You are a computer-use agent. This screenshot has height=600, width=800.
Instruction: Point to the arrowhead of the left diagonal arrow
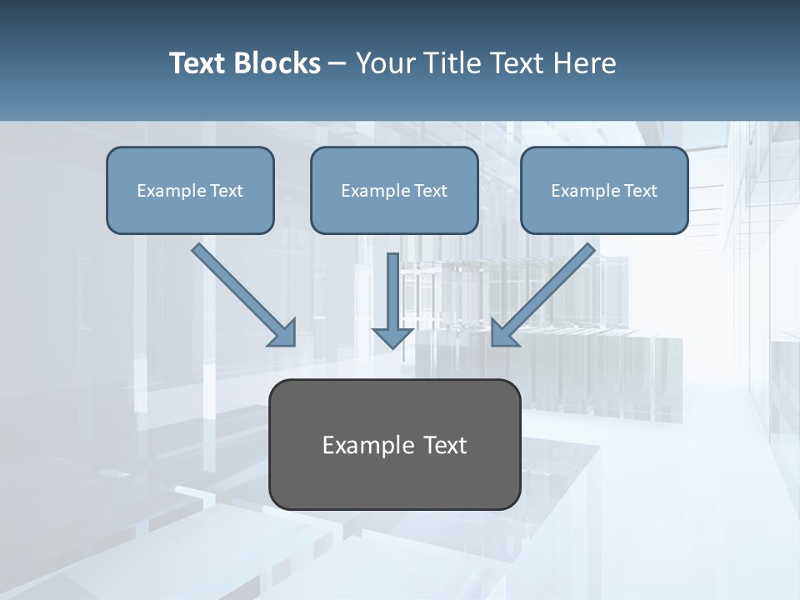coord(283,333)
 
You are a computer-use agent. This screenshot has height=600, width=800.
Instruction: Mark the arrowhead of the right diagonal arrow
coord(504,333)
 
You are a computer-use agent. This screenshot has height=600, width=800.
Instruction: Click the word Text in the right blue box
coord(640,191)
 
